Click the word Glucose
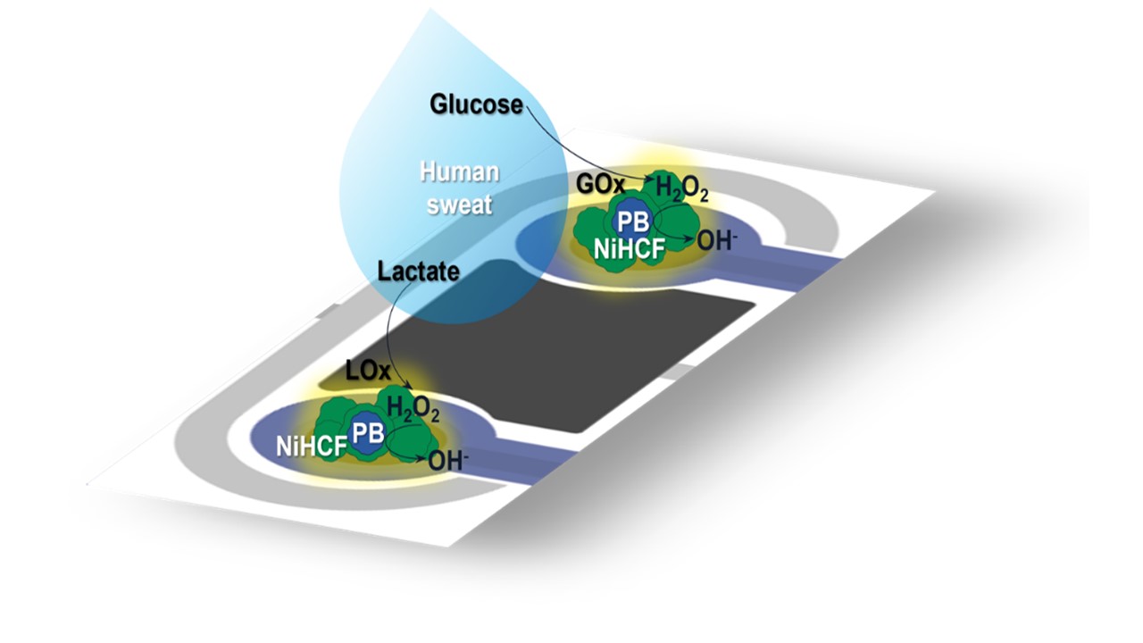pyautogui.click(x=476, y=104)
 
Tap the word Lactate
pyautogui.click(x=419, y=271)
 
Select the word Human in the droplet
pyautogui.click(x=459, y=172)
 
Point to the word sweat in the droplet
pyautogui.click(x=459, y=205)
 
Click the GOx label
pyautogui.click(x=600, y=184)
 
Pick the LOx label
pyautogui.click(x=368, y=371)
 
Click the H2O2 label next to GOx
pyautogui.click(x=681, y=188)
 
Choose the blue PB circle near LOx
pyautogui.click(x=368, y=434)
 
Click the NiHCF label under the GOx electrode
pyautogui.click(x=630, y=250)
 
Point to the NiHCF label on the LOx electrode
pyautogui.click(x=312, y=447)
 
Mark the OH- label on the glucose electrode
pyautogui.click(x=717, y=240)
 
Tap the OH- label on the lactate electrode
pyautogui.click(x=448, y=461)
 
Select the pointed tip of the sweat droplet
pyautogui.click(x=430, y=8)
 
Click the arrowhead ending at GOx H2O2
pyautogui.click(x=650, y=180)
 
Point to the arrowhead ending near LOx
pyautogui.click(x=410, y=387)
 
